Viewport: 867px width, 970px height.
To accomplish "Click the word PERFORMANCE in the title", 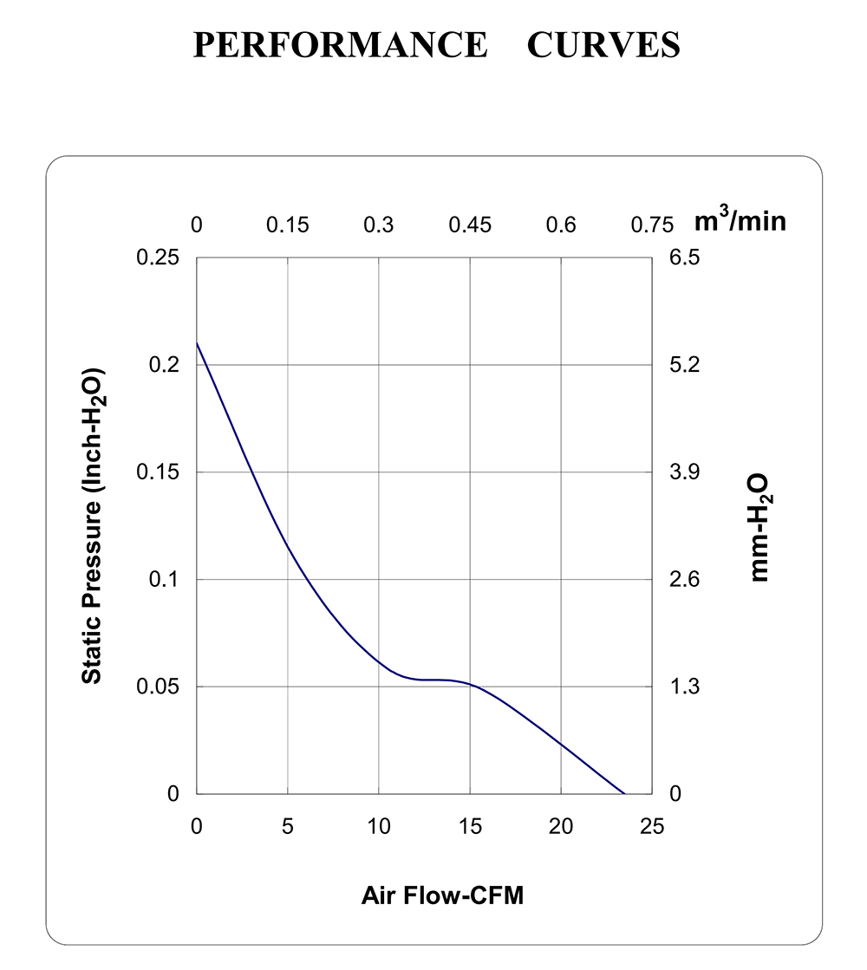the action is click(341, 44).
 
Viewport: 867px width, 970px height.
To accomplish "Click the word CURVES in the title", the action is click(603, 44).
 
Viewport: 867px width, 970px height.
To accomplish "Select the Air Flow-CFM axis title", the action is click(442, 895).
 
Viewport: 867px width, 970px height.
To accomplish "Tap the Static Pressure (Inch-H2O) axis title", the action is click(93, 526).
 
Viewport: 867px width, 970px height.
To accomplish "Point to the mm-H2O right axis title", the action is click(760, 527).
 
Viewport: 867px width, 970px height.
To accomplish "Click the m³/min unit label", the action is click(740, 220).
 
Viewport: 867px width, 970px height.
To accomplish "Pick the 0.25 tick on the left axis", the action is click(158, 257).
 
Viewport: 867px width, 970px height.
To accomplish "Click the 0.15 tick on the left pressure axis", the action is click(158, 472).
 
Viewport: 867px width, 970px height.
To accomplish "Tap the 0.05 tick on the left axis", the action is click(158, 687).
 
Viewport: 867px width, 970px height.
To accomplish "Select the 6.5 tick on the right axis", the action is click(684, 257).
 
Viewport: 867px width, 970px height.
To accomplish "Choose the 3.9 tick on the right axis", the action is click(684, 472).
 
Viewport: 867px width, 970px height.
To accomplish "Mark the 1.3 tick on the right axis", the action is click(684, 687).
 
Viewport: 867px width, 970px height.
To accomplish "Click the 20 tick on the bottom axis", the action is click(561, 826).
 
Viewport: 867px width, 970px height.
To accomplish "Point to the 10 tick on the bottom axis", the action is click(379, 826).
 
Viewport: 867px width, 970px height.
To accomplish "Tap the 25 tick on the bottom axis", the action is click(652, 826).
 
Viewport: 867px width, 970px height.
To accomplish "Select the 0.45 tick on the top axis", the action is click(470, 225).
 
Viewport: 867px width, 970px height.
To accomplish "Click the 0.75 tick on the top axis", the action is click(652, 225).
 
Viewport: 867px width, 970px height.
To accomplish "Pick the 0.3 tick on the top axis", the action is click(379, 225).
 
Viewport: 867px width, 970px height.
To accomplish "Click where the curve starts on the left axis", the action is click(197, 342).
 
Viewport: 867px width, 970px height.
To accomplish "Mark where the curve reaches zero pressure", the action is click(624, 794).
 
